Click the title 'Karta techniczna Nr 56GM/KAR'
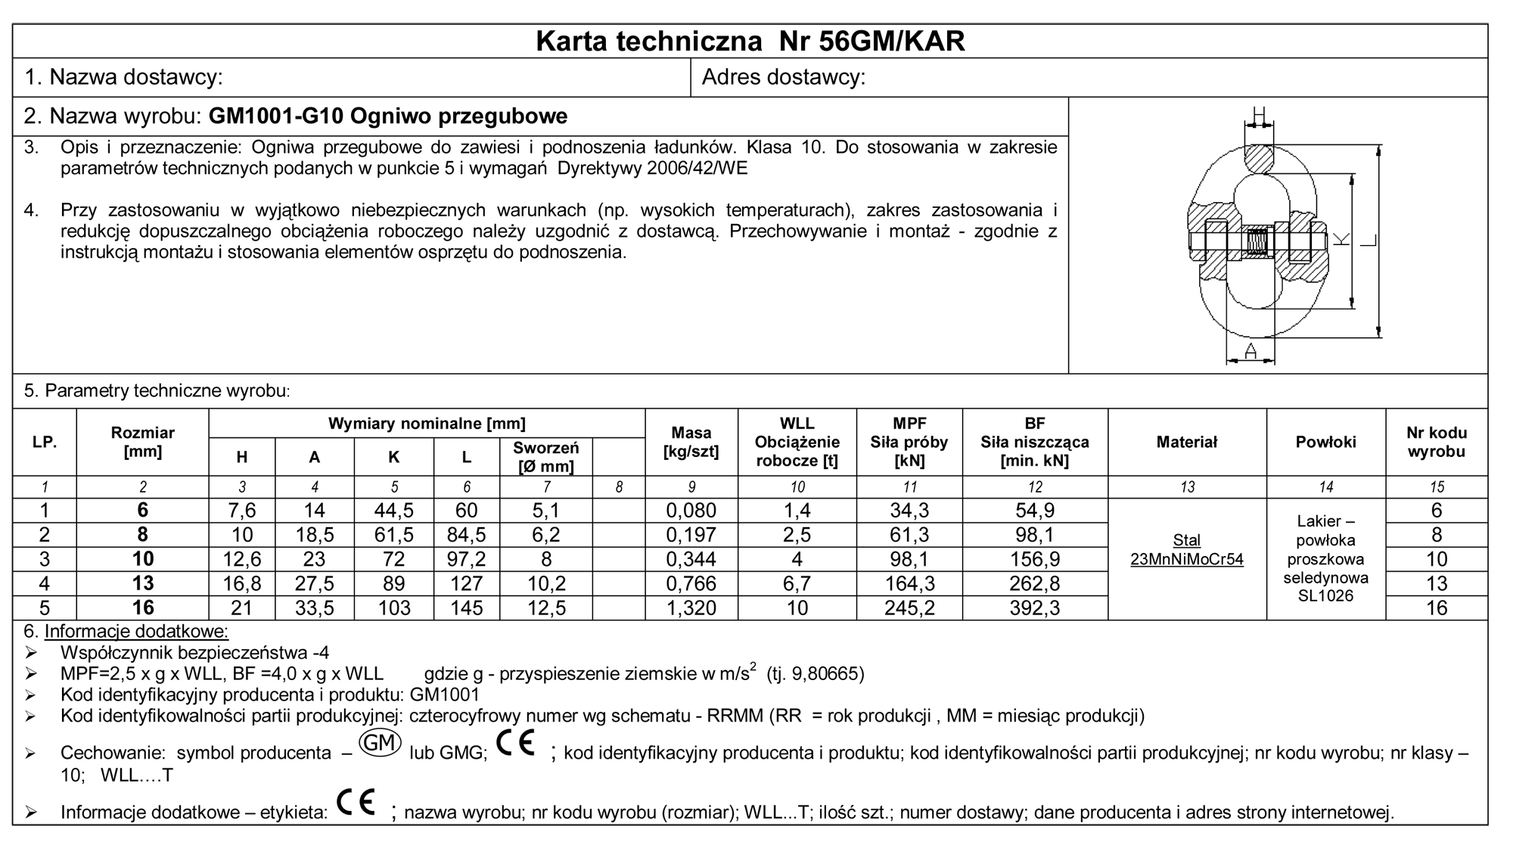750,42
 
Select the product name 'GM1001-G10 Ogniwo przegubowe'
387,116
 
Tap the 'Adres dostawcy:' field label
784,77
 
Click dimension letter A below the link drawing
1250,351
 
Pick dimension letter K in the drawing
1341,240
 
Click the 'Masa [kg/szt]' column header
691,443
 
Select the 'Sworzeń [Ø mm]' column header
545,457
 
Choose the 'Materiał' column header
1186,443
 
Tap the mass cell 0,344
691,560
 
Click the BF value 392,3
1034,608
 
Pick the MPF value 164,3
909,584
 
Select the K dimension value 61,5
393,536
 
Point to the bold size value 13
142,584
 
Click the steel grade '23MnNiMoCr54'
1186,561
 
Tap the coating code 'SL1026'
1325,596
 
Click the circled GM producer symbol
380,744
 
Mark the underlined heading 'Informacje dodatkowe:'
136,632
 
